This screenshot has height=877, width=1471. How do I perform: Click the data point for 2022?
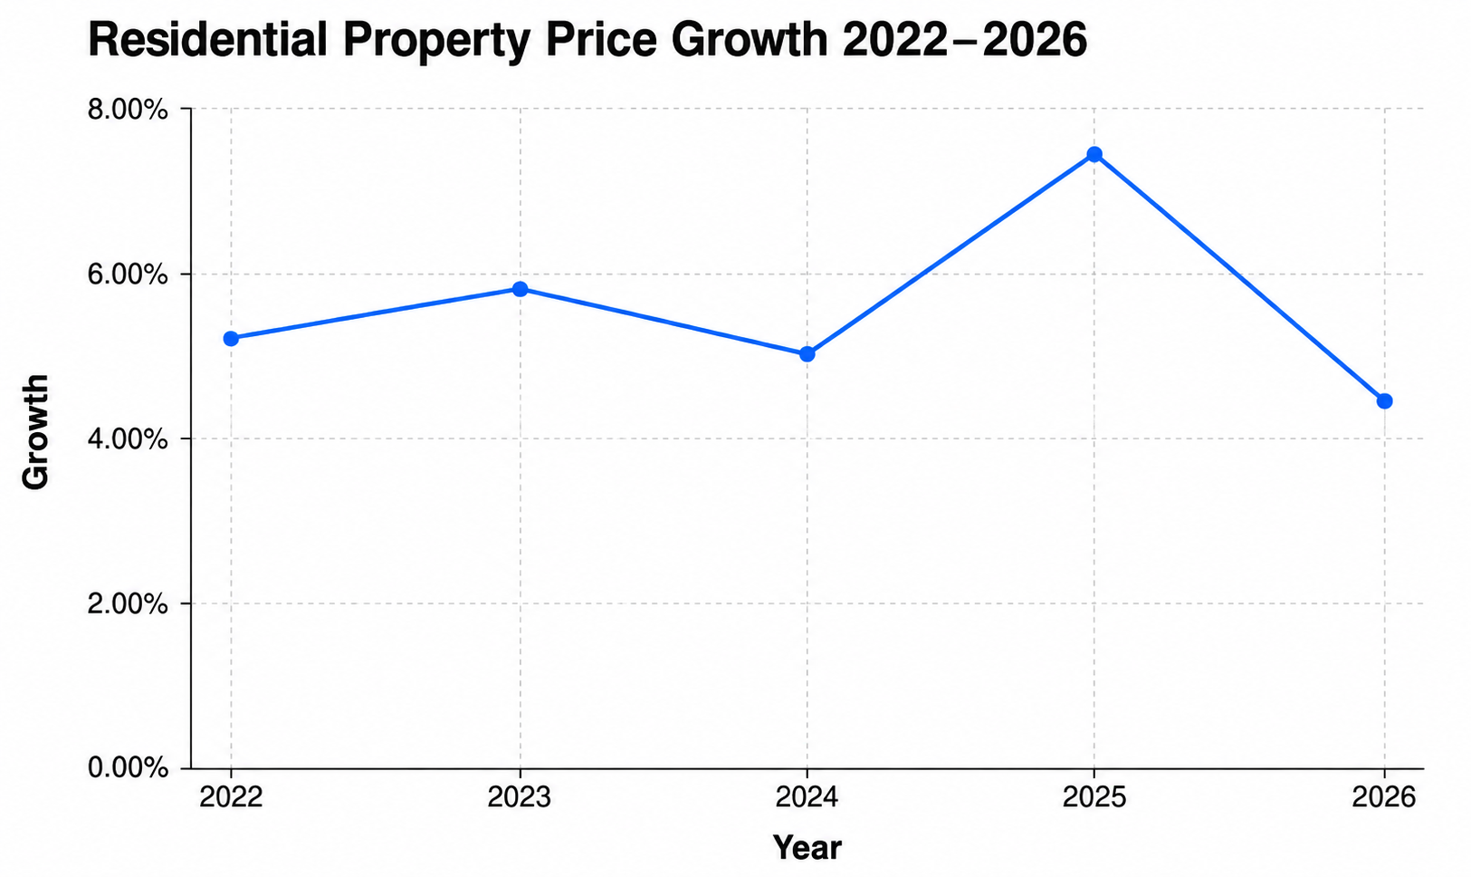pos(231,339)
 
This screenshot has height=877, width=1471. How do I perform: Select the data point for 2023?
pos(521,289)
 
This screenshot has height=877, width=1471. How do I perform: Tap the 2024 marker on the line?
pos(807,354)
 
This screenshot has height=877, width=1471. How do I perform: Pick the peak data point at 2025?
pos(1094,155)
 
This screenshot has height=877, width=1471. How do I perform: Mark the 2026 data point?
pos(1384,401)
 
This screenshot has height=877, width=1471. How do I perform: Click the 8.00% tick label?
pos(128,109)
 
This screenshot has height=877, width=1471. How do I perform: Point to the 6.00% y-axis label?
pos(128,275)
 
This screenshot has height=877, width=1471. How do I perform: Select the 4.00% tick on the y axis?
pos(128,439)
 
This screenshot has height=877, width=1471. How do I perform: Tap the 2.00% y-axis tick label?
pos(128,603)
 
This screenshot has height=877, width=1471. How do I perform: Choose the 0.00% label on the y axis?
pos(128,768)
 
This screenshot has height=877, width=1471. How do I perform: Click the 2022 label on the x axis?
pos(231,798)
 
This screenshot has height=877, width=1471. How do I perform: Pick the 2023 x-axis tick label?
pos(521,798)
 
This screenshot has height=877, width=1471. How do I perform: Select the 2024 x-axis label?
pos(807,798)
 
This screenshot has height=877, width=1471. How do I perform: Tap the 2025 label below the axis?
pos(1094,798)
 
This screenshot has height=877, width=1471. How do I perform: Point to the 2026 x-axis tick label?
pos(1384,798)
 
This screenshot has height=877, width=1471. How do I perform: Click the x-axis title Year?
pos(807,847)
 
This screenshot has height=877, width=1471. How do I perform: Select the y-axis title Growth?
pos(35,432)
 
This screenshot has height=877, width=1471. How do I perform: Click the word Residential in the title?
pos(207,40)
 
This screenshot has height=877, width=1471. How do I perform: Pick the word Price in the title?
pos(601,40)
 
